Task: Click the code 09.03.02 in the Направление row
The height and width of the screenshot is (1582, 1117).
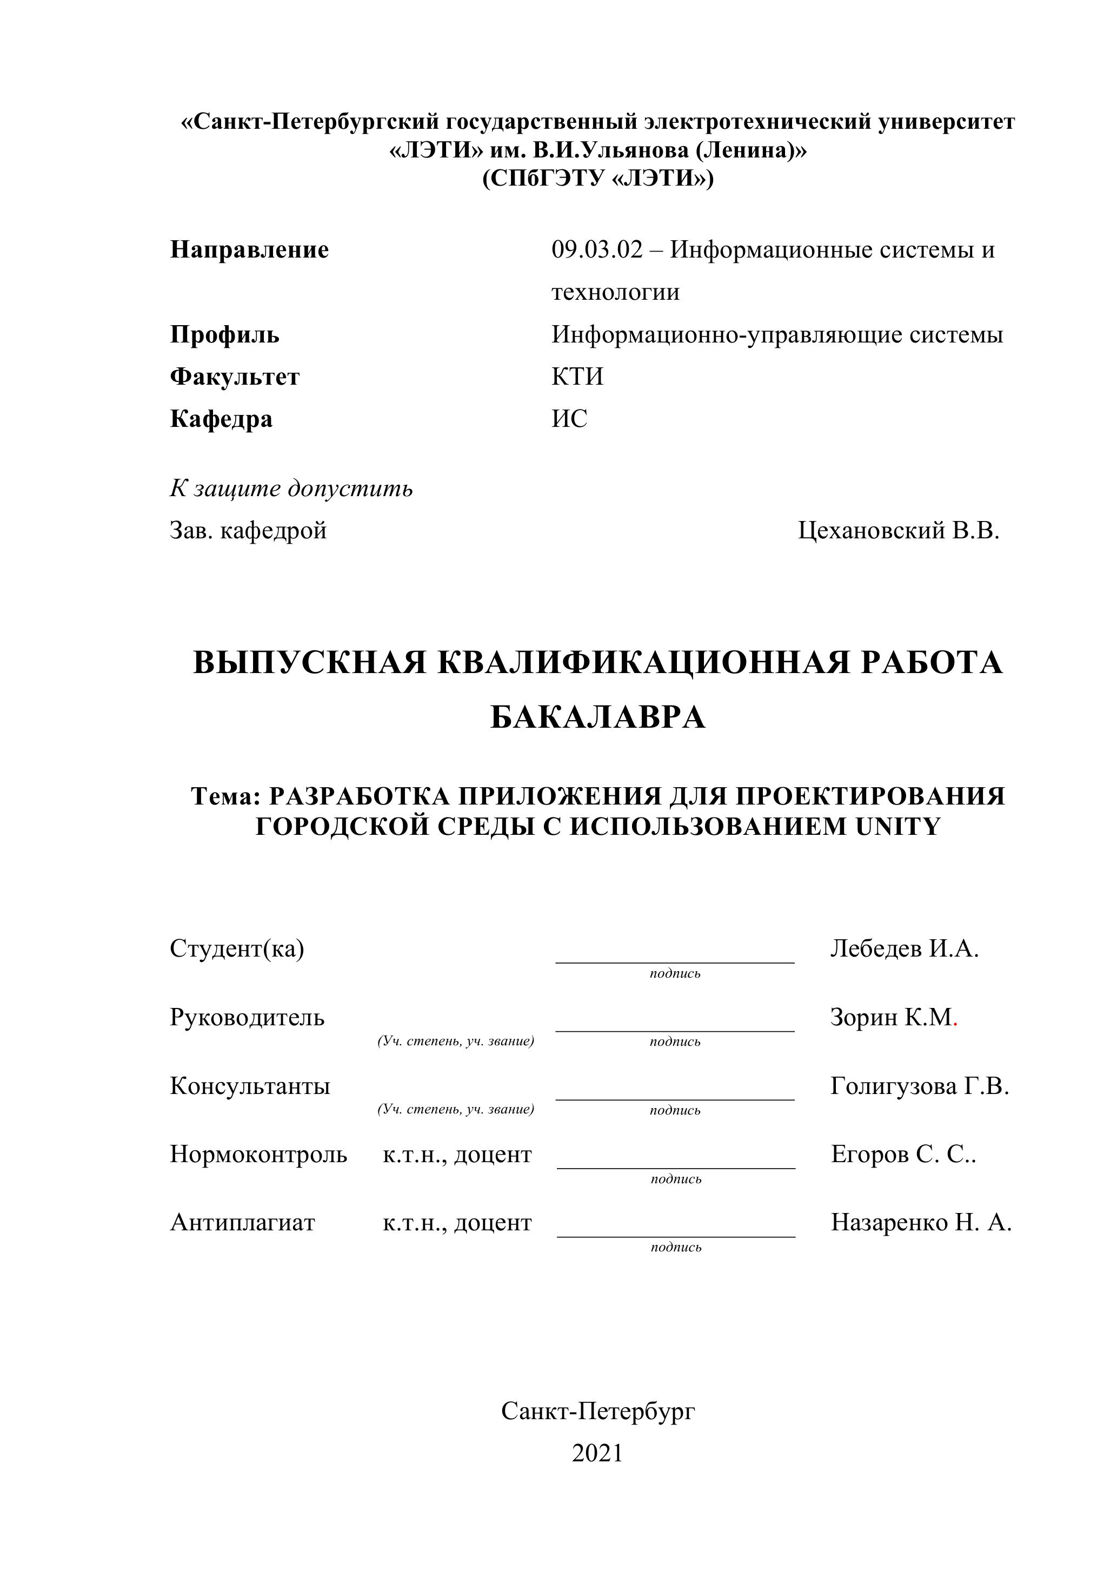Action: pos(596,250)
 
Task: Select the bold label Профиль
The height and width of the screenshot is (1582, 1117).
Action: pos(224,335)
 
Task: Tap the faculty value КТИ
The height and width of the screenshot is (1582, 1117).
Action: pos(577,377)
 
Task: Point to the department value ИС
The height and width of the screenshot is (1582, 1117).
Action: pos(569,419)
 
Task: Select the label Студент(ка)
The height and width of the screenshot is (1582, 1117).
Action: pos(237,949)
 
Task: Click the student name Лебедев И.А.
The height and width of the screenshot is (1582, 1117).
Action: pos(904,949)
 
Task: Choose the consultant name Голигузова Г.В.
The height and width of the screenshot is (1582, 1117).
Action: pos(919,1086)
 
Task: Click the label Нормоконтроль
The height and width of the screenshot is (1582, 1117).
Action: pos(258,1154)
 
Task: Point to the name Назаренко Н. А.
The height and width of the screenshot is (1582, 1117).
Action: pos(921,1222)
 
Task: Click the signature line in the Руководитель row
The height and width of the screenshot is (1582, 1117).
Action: pos(675,1031)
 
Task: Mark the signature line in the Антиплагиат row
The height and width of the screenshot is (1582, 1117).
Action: pos(676,1237)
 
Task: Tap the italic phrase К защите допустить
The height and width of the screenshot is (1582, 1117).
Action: pos(291,489)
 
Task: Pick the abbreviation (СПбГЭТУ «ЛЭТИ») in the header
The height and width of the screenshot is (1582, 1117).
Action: pos(598,179)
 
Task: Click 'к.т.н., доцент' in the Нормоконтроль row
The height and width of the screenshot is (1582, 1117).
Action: pos(457,1154)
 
